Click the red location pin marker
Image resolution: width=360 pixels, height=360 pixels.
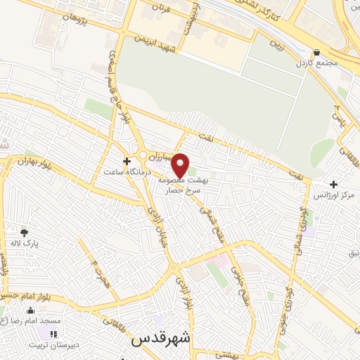click(x=181, y=165)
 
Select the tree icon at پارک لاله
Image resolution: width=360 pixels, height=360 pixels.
click(x=25, y=233)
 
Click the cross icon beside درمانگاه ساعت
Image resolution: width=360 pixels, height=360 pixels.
click(x=126, y=161)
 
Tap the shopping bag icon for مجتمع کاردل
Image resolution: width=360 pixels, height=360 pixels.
click(x=317, y=53)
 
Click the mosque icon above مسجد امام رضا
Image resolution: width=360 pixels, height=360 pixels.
click(x=30, y=309)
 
